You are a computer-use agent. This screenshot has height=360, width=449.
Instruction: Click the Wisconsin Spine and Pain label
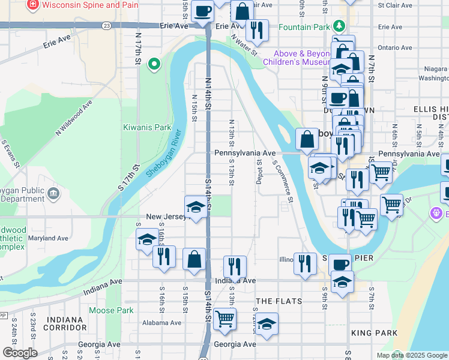pyautogui.click(x=86, y=5)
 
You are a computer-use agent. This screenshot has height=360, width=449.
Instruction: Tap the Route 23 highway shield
pyautogui.click(x=106, y=26)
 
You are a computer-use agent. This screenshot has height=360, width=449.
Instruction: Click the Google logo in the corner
pyautogui.click(x=20, y=353)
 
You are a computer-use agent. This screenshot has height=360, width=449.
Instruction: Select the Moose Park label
pyautogui.click(x=111, y=310)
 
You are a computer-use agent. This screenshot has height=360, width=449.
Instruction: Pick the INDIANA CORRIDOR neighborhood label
pyautogui.click(x=65, y=323)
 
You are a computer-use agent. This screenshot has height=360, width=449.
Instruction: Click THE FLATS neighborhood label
pyautogui.click(x=279, y=300)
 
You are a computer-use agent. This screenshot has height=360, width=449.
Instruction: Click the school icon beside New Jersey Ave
pyautogui.click(x=195, y=207)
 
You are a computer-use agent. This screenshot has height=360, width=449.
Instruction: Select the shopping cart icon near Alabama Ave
pyautogui.click(x=224, y=319)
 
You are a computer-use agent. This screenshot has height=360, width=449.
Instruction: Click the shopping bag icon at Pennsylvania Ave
pyautogui.click(x=307, y=139)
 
